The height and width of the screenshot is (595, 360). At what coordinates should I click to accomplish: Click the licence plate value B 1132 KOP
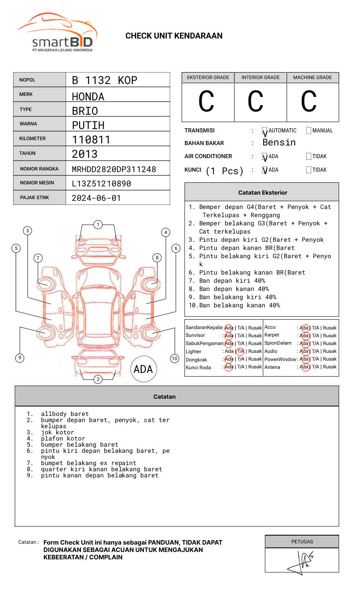click(104, 80)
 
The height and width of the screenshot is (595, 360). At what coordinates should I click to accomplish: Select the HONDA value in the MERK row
click(88, 97)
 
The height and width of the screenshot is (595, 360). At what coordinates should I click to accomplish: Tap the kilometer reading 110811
click(91, 140)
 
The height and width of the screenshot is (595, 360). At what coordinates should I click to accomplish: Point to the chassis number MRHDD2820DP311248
click(114, 169)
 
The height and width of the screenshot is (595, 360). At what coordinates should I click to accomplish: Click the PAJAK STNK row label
click(34, 198)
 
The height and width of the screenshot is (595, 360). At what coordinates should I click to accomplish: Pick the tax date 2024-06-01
click(96, 198)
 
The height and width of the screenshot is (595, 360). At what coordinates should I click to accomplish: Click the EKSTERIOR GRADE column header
click(208, 77)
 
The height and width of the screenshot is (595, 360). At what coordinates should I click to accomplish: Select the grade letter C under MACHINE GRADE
click(309, 102)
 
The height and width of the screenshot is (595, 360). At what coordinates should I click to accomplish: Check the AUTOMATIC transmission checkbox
click(265, 131)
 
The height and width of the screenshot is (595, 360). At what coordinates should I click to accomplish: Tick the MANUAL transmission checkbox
click(309, 131)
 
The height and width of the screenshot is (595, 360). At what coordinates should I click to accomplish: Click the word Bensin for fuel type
click(279, 143)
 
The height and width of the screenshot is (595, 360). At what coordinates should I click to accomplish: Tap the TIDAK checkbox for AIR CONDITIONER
click(309, 157)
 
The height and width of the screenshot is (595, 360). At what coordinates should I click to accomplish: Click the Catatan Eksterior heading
click(262, 193)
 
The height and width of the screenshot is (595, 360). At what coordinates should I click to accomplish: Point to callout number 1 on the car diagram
click(98, 225)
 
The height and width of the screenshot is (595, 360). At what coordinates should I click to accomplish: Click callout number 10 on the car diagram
click(175, 359)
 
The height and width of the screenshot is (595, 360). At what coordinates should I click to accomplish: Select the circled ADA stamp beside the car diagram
click(143, 369)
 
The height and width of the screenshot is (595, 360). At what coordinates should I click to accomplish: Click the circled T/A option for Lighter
click(240, 352)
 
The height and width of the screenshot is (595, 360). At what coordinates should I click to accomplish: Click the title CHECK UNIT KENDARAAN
click(174, 36)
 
